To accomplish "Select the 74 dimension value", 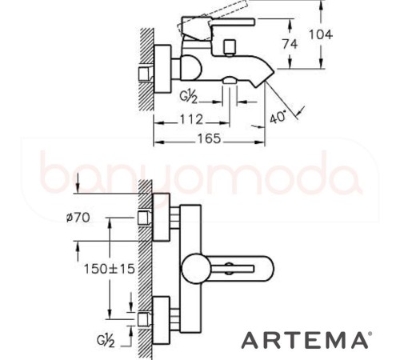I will point(290,45).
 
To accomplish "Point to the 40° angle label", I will point(278,117).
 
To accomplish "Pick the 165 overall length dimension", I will point(210,138).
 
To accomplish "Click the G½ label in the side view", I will point(188,98).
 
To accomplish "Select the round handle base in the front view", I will point(196,267).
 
